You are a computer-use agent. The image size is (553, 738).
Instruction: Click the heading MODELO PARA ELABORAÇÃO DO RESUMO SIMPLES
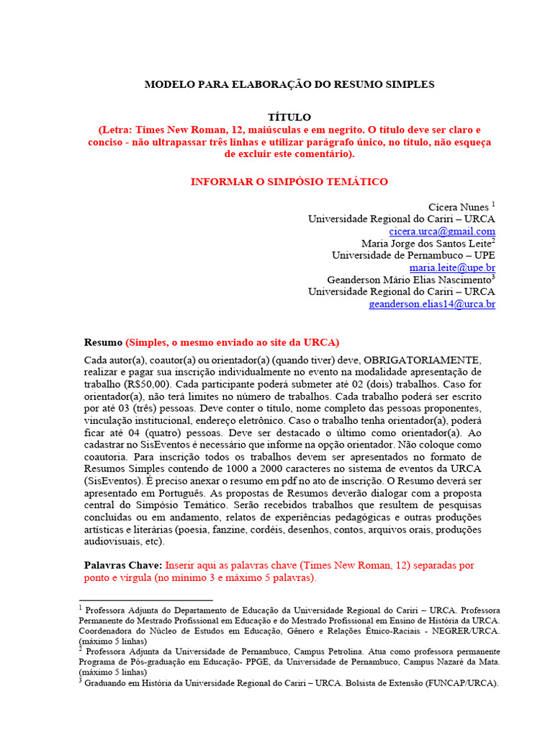tap(289, 84)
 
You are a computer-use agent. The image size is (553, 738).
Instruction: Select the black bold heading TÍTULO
tap(289, 117)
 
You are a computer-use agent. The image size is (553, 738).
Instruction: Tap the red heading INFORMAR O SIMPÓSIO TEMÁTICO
tap(289, 182)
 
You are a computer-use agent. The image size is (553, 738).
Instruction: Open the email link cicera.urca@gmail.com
tap(442, 231)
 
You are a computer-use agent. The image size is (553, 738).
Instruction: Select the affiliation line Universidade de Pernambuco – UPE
tap(413, 255)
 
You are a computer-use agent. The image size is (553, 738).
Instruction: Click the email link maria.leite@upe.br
tap(452, 267)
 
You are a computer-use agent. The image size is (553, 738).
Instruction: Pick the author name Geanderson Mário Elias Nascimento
tap(408, 280)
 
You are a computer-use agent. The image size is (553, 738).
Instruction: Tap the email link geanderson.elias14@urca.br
tap(432, 304)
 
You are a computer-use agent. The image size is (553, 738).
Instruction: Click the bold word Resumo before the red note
tap(103, 342)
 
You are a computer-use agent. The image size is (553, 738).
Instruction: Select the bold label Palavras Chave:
tap(123, 566)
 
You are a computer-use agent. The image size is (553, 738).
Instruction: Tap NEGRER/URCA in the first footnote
tap(464, 631)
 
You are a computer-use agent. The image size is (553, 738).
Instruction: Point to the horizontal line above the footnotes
tap(145, 600)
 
